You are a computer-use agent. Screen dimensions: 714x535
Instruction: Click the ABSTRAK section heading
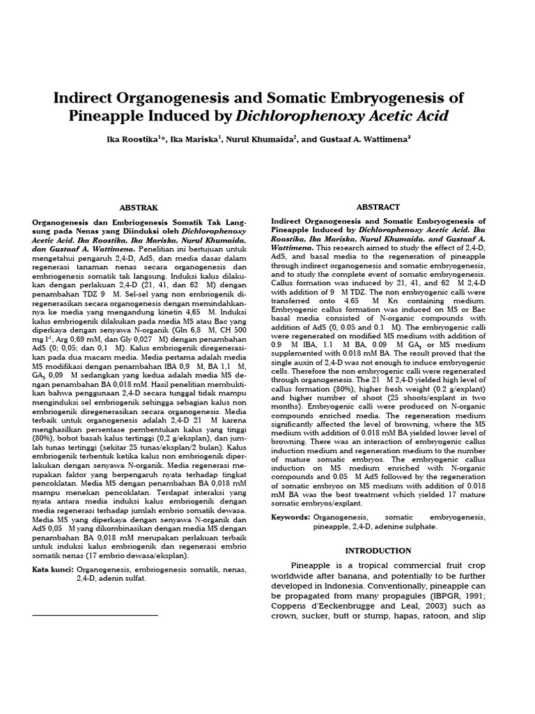click(139, 207)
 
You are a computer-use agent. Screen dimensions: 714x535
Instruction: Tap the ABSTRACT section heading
click(378, 207)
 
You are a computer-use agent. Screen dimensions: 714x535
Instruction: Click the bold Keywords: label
click(290, 517)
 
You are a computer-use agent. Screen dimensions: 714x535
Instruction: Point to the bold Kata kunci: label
click(53, 569)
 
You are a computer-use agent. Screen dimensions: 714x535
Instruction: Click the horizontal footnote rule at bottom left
click(95, 616)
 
